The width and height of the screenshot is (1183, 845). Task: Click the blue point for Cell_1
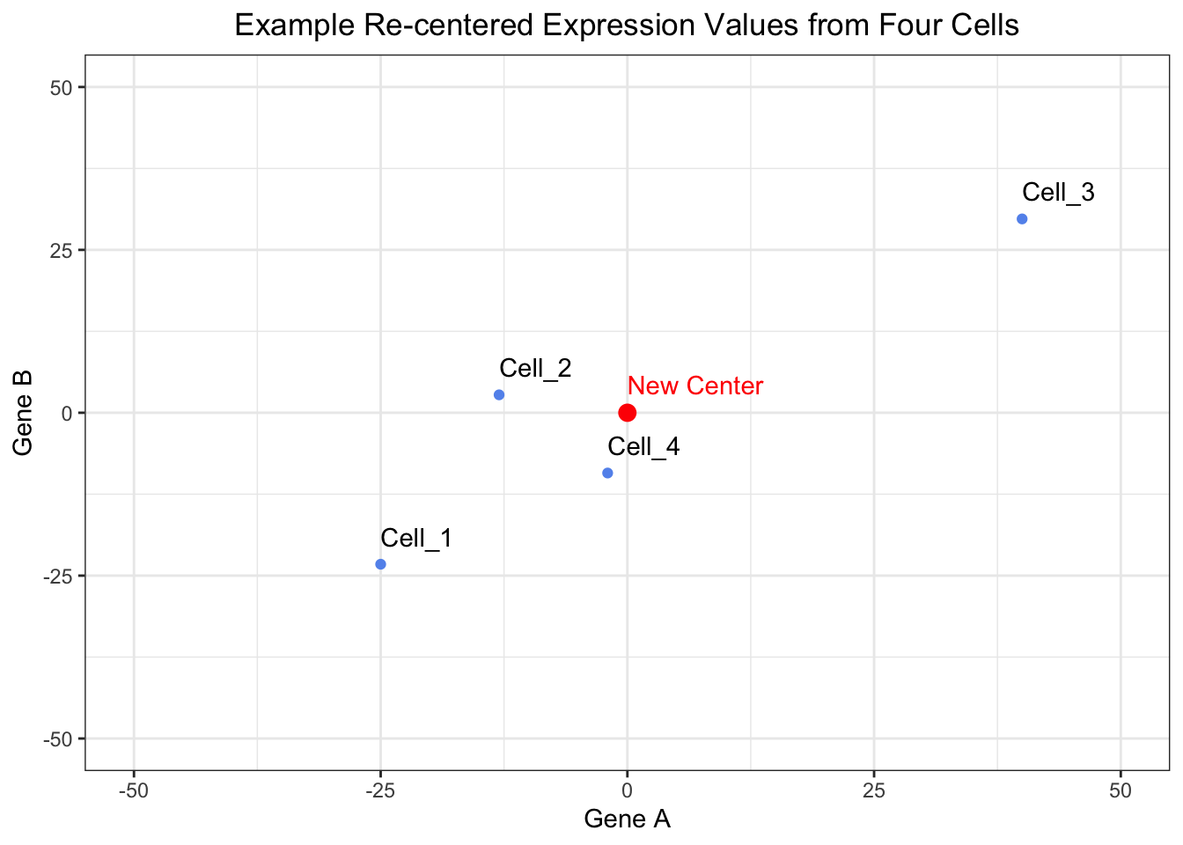380,564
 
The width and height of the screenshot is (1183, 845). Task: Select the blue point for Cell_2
499,395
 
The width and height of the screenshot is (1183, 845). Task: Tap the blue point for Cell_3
1022,219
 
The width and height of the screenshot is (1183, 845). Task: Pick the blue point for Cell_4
607,474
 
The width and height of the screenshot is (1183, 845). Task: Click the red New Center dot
628,413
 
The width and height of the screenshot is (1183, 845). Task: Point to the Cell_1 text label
416,538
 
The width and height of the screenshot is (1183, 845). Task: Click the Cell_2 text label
535,368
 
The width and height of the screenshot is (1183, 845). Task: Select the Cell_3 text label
1058,192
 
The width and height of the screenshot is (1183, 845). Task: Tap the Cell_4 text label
643,446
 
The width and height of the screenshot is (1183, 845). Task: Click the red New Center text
695,386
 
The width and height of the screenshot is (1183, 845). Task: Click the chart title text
627,25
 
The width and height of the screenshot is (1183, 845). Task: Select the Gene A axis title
627,819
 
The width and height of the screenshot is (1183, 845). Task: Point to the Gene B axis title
24,413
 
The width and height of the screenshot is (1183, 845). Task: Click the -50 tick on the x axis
134,790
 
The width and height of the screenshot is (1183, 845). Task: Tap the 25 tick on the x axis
873,790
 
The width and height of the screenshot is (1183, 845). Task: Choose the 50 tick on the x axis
1121,790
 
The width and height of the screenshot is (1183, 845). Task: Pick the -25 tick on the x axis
380,790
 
